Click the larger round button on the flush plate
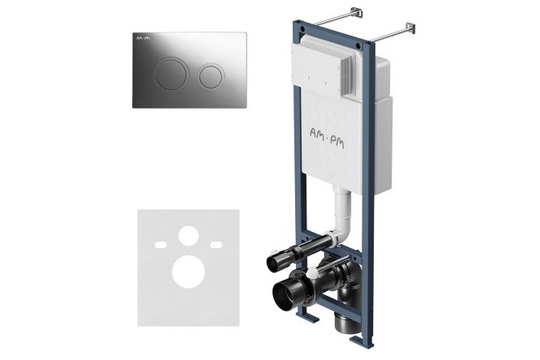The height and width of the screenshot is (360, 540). pyautogui.click(x=171, y=74)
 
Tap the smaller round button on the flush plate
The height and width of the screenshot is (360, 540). pyautogui.click(x=212, y=76)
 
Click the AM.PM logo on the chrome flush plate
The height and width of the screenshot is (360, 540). pyautogui.click(x=144, y=38)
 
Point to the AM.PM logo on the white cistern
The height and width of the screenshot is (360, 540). pyautogui.click(x=327, y=137)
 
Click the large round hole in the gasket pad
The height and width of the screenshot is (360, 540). pyautogui.click(x=188, y=272)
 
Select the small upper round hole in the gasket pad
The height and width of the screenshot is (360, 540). pyautogui.click(x=188, y=236)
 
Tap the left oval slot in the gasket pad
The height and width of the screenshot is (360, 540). pyautogui.click(x=161, y=245)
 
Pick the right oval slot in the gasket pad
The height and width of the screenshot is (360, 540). pyautogui.click(x=216, y=245)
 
